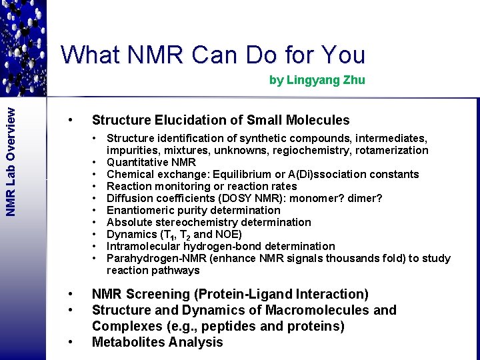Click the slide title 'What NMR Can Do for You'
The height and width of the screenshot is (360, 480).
213,55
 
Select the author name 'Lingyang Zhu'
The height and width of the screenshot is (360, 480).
325,80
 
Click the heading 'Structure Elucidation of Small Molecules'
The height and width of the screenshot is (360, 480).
220,120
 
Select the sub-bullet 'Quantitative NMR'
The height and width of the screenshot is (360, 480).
151,163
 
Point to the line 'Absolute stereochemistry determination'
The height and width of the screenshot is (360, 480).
209,223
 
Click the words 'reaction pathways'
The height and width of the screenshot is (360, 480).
153,271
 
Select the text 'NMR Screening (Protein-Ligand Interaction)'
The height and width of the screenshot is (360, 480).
230,294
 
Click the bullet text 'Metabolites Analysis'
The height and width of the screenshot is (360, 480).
157,342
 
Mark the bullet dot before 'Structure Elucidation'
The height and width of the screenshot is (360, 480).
69,120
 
